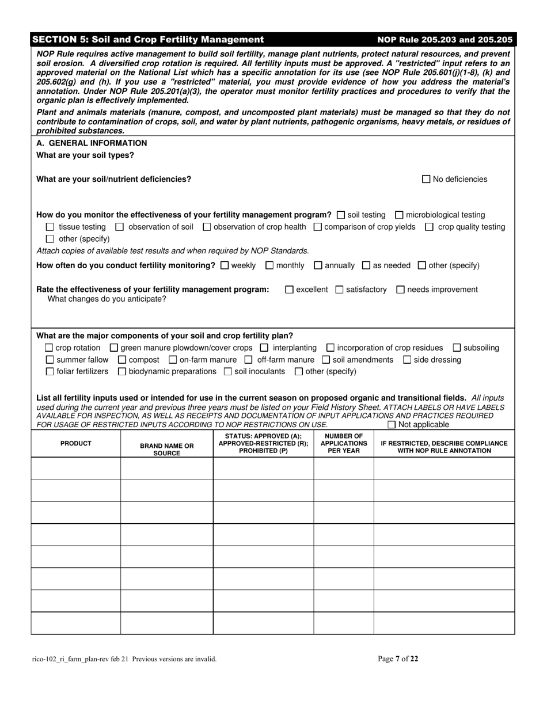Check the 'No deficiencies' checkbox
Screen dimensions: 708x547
point(426,179)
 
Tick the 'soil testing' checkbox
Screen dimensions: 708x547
point(340,215)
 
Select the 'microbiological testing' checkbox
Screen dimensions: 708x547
point(400,215)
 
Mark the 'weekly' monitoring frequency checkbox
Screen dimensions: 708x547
point(225,265)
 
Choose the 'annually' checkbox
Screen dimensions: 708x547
point(318,265)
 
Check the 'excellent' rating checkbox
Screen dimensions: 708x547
point(290,290)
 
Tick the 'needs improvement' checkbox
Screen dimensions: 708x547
point(401,290)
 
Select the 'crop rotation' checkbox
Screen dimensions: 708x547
point(49,348)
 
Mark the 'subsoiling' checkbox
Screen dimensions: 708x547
point(457,348)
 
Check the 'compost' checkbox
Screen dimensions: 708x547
point(122,360)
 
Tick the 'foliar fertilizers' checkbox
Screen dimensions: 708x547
point(49,371)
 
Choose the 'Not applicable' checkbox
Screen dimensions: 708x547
point(392,425)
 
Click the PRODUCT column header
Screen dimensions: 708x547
point(76,443)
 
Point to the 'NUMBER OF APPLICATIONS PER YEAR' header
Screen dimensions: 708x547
point(343,443)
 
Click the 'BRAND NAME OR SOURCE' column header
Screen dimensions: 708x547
point(167,450)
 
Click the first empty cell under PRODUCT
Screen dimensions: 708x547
point(76,469)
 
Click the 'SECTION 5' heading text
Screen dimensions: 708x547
point(148,40)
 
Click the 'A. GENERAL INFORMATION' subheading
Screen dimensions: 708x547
point(92,143)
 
